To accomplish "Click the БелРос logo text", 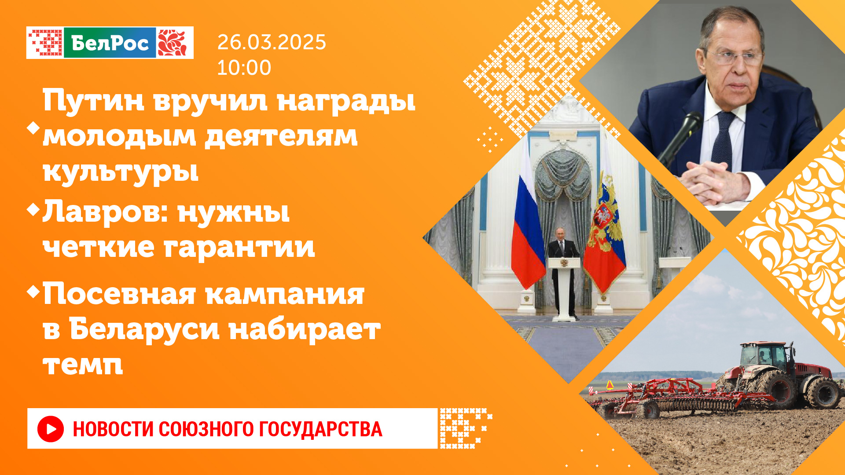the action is tap(110, 43).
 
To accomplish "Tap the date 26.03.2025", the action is tap(272, 42).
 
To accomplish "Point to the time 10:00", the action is tap(244, 68).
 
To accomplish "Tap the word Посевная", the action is tap(119, 294).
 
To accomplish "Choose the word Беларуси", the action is tap(144, 329).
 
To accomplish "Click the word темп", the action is tap(83, 365).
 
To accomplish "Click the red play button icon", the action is tap(51, 429).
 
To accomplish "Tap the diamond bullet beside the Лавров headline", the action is tap(33, 209).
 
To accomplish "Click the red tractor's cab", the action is tap(764, 356).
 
